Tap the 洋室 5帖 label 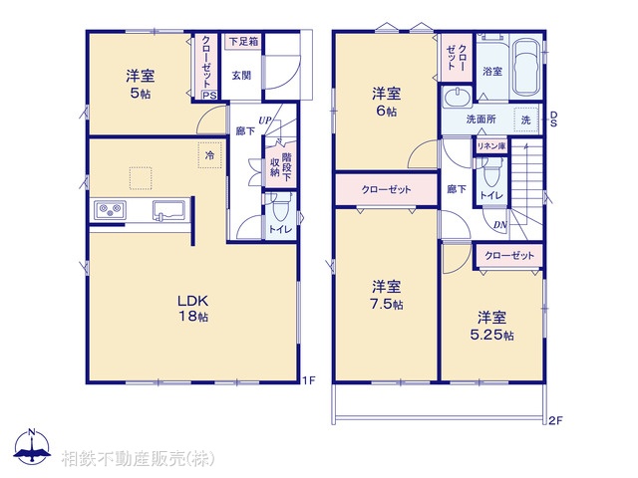139,85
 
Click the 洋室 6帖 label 387,103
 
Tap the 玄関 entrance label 242,75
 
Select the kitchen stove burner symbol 109,210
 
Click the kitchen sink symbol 167,209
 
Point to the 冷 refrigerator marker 209,155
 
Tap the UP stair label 263,120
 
